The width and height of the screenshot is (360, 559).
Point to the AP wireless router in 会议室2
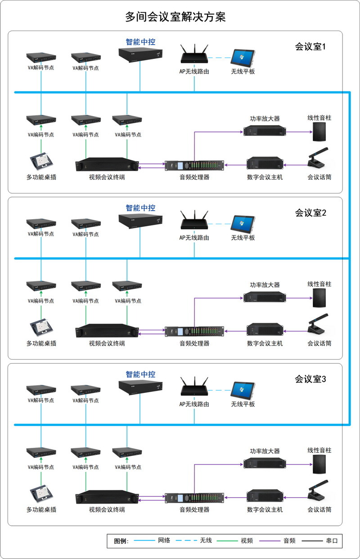tap(194, 222)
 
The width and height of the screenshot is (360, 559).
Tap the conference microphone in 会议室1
tap(319, 159)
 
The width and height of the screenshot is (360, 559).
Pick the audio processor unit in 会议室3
tap(194, 497)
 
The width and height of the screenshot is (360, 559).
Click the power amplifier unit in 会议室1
tap(265, 131)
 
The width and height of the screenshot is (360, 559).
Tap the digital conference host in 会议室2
tap(265, 330)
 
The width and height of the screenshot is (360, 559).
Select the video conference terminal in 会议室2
tap(107, 331)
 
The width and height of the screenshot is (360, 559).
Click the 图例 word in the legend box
tap(121, 541)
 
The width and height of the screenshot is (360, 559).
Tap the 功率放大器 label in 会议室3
tap(265, 451)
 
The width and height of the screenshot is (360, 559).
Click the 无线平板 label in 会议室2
tap(243, 238)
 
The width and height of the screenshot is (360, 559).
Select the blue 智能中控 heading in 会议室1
tap(140, 42)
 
